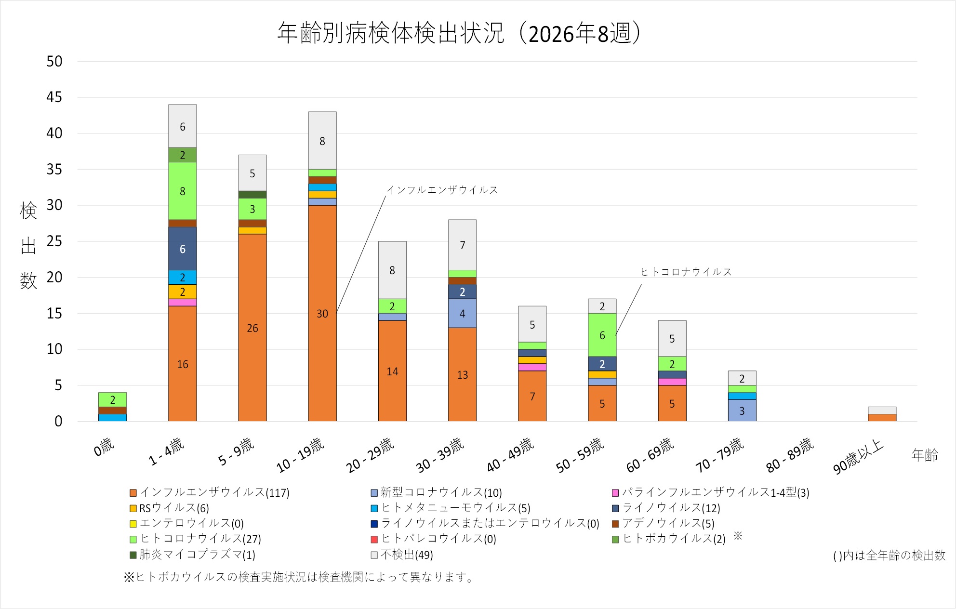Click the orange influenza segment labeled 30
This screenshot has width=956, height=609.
click(322, 313)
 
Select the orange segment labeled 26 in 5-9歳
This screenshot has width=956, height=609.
click(252, 328)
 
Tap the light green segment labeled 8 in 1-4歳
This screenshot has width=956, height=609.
click(183, 191)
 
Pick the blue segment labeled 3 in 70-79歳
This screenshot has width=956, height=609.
click(742, 410)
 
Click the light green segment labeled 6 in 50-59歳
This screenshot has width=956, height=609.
click(602, 335)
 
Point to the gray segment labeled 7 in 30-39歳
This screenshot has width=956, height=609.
click(463, 245)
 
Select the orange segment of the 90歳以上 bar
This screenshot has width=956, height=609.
click(882, 418)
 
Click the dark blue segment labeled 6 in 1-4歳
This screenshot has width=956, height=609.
click(183, 249)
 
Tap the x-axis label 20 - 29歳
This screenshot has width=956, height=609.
click(370, 455)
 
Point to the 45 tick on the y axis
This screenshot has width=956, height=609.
click(54, 97)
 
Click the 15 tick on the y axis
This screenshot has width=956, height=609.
click(54, 313)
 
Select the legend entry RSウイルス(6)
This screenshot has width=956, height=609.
click(169, 508)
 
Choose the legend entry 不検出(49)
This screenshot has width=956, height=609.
click(402, 555)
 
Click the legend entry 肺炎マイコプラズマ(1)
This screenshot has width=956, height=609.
click(192, 555)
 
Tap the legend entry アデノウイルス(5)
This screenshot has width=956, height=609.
click(663, 523)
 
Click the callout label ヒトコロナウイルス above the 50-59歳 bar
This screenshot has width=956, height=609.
click(686, 272)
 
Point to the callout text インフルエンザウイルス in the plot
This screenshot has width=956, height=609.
click(442, 190)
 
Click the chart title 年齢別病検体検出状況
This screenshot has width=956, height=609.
click(391, 33)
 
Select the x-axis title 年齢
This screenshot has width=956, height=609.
click(925, 455)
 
